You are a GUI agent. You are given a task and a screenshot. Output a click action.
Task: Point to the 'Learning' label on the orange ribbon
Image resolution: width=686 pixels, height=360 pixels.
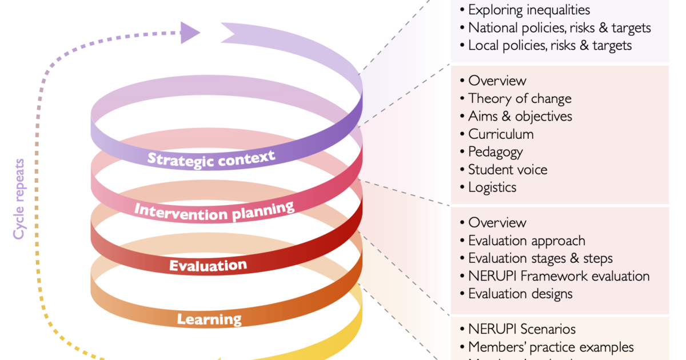click(209, 319)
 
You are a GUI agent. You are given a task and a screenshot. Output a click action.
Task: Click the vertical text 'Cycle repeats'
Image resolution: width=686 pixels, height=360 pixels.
click(19, 199)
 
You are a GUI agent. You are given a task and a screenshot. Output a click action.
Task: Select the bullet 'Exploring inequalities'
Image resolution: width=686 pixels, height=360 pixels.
click(529, 10)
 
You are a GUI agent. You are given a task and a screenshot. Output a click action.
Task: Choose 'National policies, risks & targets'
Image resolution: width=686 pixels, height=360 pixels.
click(559, 27)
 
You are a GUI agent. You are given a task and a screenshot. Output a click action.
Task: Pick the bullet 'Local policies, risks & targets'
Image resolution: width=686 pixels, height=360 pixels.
click(550, 45)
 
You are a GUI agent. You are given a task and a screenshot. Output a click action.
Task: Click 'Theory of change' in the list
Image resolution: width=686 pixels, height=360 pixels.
click(520, 98)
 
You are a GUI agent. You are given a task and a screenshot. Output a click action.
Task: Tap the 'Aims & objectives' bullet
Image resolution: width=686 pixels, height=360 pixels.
click(520, 116)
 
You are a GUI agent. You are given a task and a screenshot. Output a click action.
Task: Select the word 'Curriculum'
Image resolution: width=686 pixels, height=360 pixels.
click(501, 134)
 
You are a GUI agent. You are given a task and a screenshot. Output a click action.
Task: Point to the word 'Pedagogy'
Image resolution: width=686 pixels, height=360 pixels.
click(496, 152)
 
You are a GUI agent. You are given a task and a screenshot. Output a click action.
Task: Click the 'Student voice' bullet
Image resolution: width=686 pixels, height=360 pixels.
click(508, 170)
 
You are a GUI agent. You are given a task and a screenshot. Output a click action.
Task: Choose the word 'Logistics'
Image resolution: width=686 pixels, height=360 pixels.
click(492, 187)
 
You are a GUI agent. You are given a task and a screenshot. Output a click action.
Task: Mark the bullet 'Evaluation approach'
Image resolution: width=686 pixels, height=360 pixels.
click(527, 241)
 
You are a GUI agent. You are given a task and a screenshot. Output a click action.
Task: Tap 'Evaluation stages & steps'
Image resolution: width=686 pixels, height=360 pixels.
click(540, 258)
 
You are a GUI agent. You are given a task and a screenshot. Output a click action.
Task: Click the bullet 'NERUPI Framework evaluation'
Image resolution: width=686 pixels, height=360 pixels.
click(559, 276)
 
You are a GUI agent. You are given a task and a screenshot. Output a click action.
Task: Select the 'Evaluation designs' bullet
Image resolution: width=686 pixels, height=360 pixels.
click(520, 294)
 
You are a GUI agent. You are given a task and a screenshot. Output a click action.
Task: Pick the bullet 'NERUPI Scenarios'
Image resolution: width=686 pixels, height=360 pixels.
click(521, 329)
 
